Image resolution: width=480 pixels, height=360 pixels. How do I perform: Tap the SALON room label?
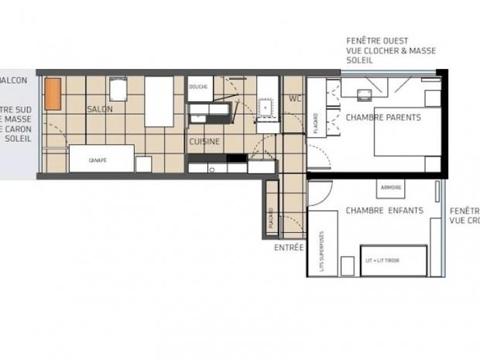pyautogui.click(x=100, y=109)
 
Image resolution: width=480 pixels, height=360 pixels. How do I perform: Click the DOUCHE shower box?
pyautogui.click(x=197, y=87)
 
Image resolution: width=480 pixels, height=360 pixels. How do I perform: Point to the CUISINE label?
pyautogui.click(x=204, y=142)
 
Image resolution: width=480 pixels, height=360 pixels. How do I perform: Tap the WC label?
pyautogui.click(x=293, y=99)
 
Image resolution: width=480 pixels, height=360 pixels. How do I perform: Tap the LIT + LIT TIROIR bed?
pyautogui.click(x=393, y=260)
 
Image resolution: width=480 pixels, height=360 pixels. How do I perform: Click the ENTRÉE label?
pyautogui.click(x=288, y=248)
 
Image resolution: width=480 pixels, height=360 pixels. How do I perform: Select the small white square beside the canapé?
pyautogui.click(x=142, y=164)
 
